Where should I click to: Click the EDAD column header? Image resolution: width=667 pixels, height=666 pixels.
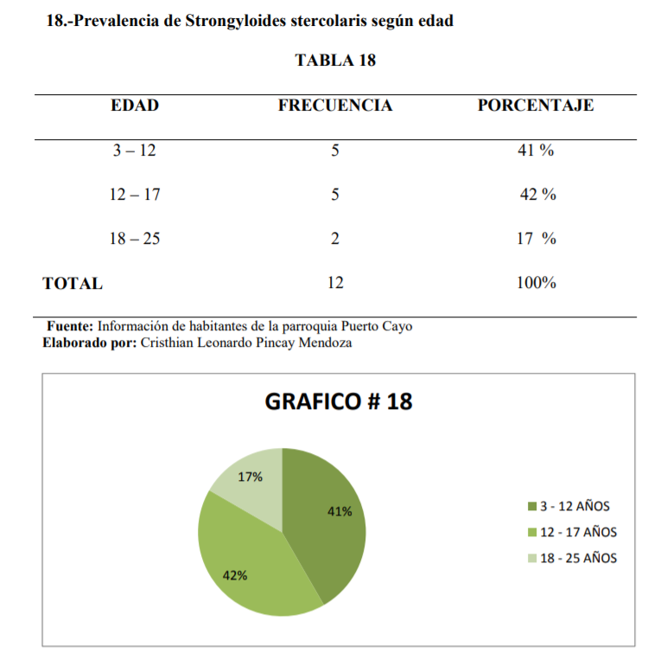coord(135,106)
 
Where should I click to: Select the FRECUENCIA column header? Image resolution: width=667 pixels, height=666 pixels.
coord(334,106)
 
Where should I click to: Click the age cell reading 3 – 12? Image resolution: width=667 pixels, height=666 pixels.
coord(135,150)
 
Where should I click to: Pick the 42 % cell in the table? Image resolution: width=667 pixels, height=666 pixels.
coord(537,195)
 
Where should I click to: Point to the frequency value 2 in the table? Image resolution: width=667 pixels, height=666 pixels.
coord(334,239)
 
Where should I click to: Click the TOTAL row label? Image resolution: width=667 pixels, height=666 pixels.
coord(73,283)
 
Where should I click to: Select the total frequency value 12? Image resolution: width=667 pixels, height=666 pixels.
coord(334,283)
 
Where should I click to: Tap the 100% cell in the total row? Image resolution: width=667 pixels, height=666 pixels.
coord(536,283)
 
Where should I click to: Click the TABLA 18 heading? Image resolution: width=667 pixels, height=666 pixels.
coord(334,61)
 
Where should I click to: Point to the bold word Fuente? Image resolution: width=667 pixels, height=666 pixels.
coord(69,327)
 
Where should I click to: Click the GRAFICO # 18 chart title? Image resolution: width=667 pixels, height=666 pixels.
coord(337,402)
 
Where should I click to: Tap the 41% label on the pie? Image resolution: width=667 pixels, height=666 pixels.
coord(340,511)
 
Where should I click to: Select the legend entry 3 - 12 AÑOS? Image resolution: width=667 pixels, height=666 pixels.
coord(575,506)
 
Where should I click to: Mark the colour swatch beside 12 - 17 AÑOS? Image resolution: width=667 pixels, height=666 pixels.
coord(532,533)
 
